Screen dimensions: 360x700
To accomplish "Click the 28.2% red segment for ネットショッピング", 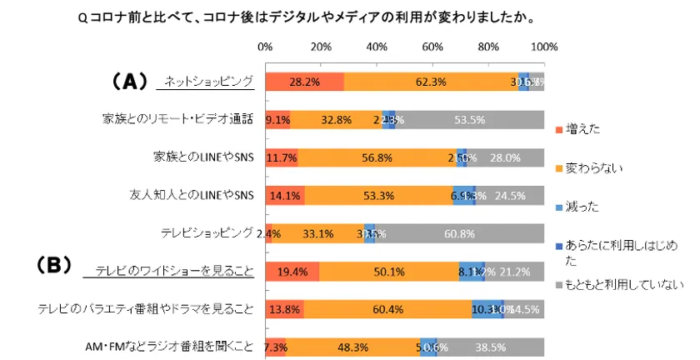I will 304,82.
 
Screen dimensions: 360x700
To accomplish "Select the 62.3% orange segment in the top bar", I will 430,82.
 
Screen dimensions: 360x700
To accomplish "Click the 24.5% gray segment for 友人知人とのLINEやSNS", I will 510,195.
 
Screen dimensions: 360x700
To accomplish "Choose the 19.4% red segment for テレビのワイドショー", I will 292,271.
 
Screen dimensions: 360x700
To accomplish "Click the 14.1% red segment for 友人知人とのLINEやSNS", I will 285,195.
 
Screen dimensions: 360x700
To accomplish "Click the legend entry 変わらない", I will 588,167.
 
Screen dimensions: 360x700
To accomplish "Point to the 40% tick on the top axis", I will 377,47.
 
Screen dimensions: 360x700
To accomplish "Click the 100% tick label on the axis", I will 542,47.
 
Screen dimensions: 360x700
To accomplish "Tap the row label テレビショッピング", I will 206,233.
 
